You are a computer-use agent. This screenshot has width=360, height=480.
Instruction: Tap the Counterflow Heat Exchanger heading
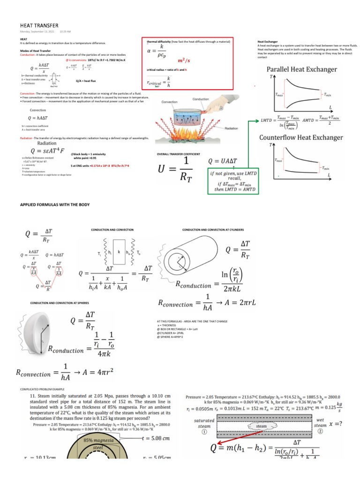pyautogui.click(x=301, y=137)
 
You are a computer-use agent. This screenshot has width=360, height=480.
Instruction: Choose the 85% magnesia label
pyautogui.click(x=95, y=441)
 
